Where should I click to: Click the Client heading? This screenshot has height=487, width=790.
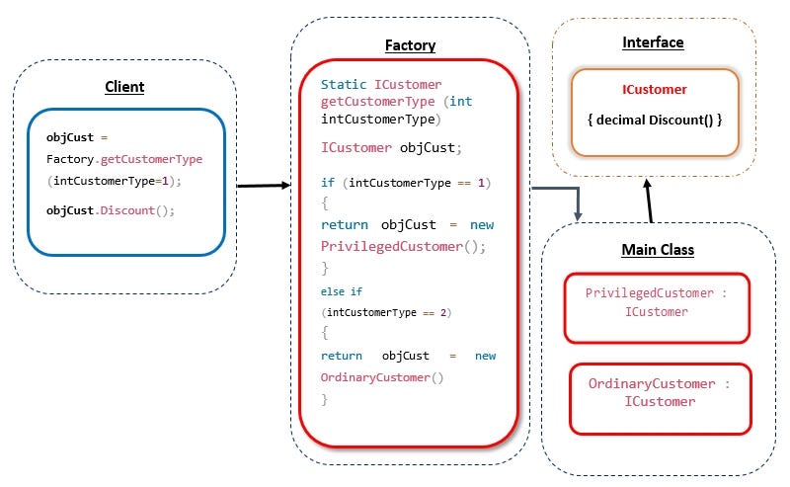point(124,87)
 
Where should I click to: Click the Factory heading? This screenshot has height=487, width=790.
point(409,45)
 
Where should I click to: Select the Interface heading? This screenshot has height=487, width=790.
point(653,42)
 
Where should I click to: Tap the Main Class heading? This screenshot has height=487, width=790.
point(658,250)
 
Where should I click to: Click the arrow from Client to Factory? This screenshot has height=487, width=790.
point(263,185)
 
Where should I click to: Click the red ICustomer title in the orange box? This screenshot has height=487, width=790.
point(654,90)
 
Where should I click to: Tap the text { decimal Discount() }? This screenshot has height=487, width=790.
point(654,120)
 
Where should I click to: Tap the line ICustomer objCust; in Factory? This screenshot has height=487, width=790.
point(391,147)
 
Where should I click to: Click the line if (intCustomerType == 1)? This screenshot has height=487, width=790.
point(406,183)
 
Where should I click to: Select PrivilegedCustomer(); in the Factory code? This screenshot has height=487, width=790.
point(403,246)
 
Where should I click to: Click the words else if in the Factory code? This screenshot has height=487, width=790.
point(343,291)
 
